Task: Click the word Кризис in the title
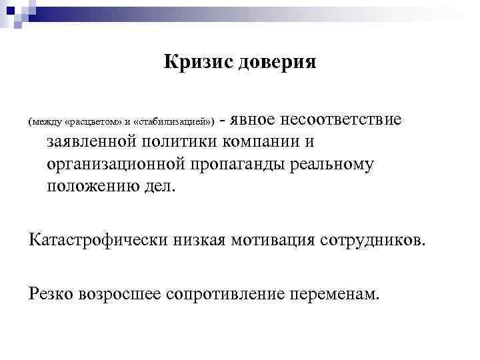coord(195,63)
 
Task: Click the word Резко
coord(50,292)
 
